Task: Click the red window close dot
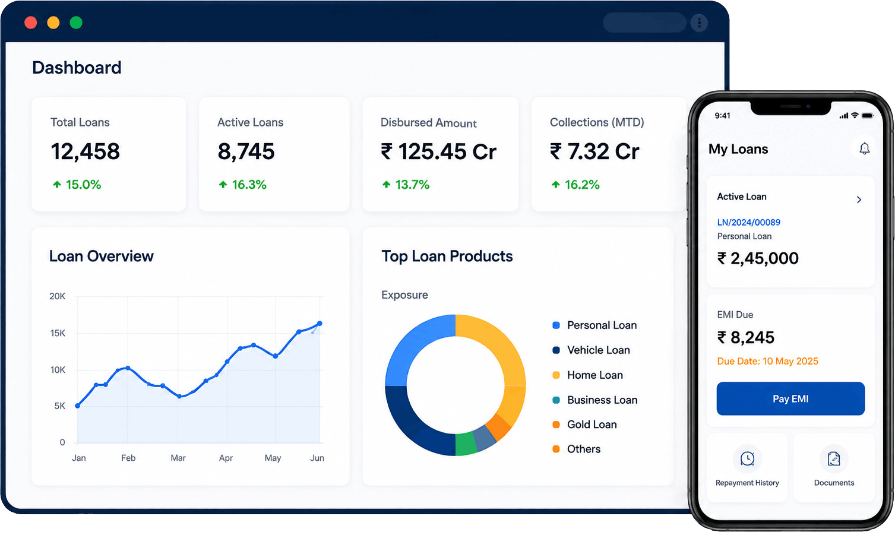click(31, 23)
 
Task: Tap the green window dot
click(76, 23)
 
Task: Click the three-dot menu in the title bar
click(699, 23)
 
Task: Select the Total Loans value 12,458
click(85, 151)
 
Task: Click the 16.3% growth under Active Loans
click(242, 185)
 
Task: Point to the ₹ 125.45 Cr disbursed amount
click(438, 151)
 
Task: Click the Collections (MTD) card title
click(597, 122)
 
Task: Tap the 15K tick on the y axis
click(58, 333)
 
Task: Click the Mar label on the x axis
click(178, 458)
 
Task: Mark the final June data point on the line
click(320, 323)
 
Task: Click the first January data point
click(78, 406)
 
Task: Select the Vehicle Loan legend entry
click(591, 350)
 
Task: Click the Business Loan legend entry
click(594, 400)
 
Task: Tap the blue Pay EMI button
click(790, 399)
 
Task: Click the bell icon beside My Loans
click(864, 148)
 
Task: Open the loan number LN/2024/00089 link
click(749, 222)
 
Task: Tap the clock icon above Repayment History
click(747, 458)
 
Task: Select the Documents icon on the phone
click(834, 458)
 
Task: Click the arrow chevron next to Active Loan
click(859, 200)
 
